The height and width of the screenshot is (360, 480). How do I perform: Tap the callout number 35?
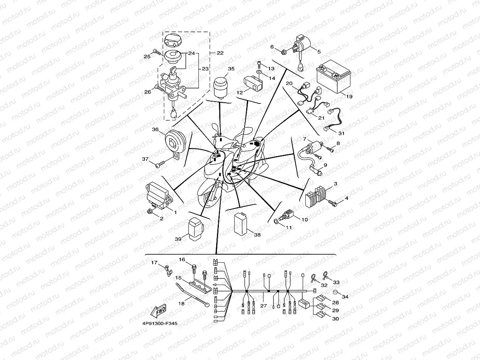pos(231,69)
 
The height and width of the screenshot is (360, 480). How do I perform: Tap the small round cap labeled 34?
pos(335,292)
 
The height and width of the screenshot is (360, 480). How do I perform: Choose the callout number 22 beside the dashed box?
pos(220,53)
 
